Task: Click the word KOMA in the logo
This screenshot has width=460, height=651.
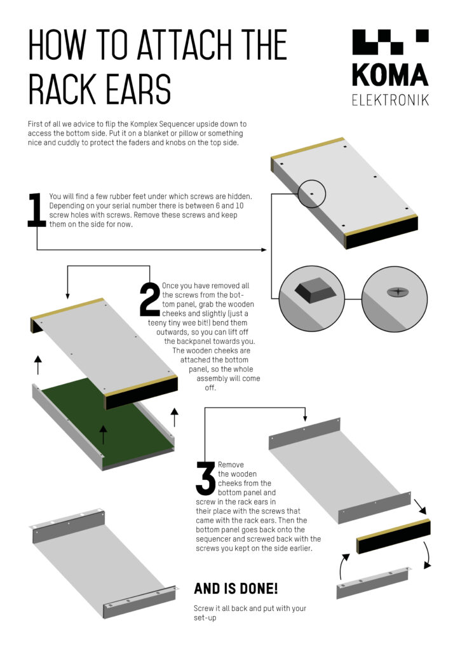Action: click(x=390, y=75)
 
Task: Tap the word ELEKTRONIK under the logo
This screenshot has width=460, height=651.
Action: click(x=390, y=100)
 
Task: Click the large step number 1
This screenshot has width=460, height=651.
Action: click(x=36, y=210)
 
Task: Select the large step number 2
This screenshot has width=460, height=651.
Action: click(x=149, y=299)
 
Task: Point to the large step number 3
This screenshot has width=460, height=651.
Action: click(x=206, y=478)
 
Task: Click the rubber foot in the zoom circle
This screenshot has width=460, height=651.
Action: click(x=316, y=289)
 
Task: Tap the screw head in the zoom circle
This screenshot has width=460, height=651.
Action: click(x=398, y=292)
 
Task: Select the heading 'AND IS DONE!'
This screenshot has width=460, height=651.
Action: click(x=236, y=588)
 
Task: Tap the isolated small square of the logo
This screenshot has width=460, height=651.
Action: click(x=423, y=36)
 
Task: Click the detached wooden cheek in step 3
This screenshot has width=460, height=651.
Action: click(x=393, y=536)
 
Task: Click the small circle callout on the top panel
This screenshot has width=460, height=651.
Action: click(x=313, y=193)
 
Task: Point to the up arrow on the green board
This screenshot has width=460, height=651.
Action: click(x=104, y=434)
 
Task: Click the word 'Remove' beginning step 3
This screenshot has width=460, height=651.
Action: click(x=231, y=465)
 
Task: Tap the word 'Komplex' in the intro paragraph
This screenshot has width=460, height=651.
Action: click(x=145, y=124)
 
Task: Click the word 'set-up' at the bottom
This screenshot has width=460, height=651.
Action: click(x=205, y=618)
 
